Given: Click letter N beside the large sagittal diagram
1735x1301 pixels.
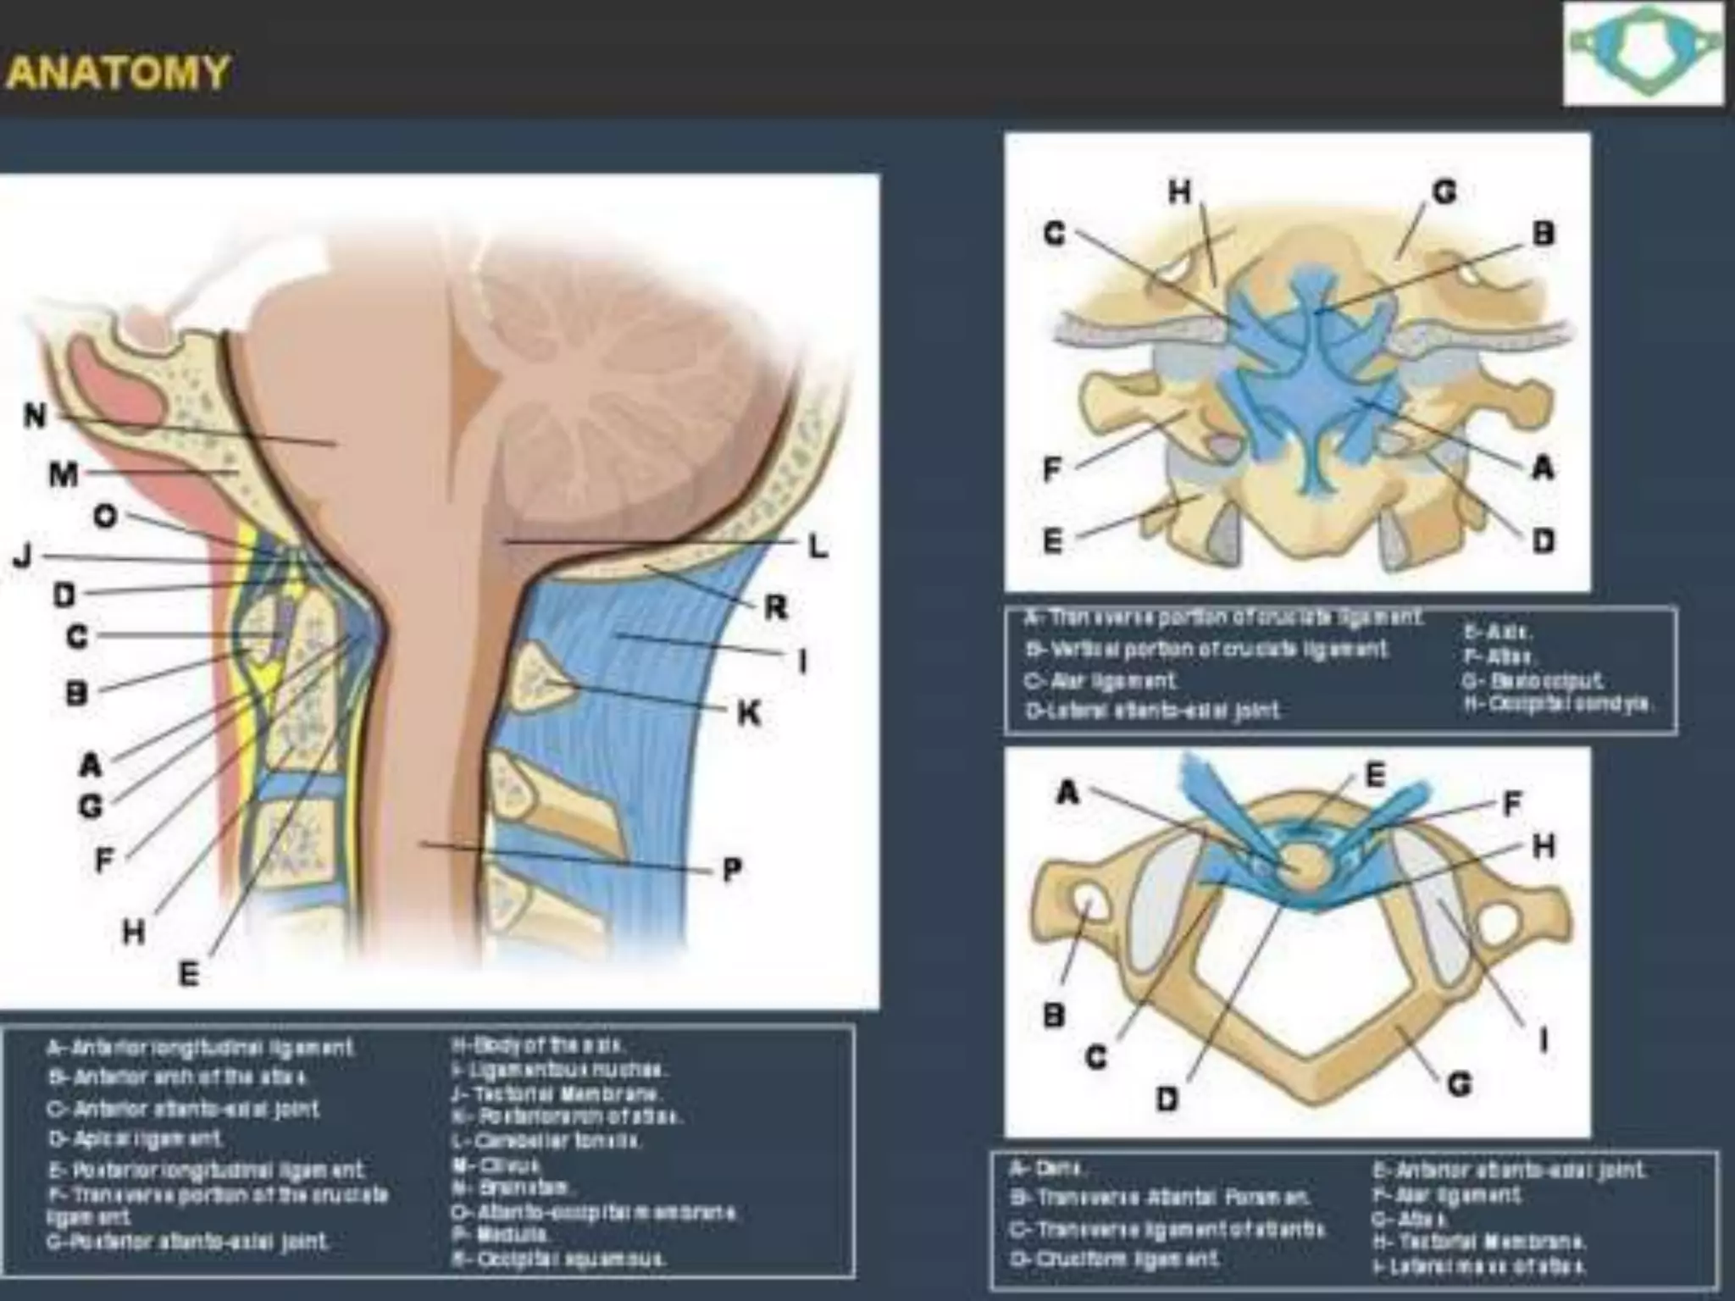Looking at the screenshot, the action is point(34,415).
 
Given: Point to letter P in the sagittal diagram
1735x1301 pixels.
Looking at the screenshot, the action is point(732,869).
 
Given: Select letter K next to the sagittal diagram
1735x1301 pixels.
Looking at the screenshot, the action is point(748,713).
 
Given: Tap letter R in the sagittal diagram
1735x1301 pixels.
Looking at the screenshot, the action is point(775,606).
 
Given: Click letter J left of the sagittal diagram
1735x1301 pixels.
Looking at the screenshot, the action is point(23,556).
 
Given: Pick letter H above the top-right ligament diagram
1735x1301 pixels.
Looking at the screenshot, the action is point(1179,192).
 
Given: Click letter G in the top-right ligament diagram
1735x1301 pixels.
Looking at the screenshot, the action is point(1444,192).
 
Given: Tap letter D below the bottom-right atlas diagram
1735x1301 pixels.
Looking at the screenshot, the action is point(1167,1099).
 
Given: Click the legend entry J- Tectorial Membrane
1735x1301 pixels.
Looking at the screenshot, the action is point(556,1093).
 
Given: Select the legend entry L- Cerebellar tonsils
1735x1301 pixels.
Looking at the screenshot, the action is point(546,1141).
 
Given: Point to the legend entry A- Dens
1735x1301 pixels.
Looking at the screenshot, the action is point(1045,1169).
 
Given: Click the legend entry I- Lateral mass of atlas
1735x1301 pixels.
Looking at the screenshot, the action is point(1479,1267).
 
